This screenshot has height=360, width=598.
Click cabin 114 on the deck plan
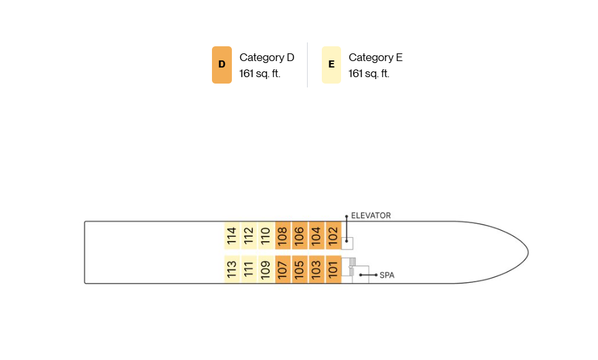[232, 235]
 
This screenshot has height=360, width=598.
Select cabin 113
[232, 269]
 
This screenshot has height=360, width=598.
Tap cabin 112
[249, 235]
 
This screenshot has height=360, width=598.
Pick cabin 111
[249, 269]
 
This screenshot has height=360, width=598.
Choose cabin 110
[266, 235]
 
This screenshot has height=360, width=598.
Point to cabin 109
[266, 269]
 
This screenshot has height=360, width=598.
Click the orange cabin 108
[283, 235]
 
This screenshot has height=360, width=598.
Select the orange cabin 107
[283, 269]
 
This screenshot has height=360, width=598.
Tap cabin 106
[299, 235]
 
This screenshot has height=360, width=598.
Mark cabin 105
[299, 269]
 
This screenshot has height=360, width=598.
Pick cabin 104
[317, 235]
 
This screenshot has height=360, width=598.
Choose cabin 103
[317, 269]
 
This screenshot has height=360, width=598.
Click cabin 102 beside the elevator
[333, 235]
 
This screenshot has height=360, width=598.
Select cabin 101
[333, 269]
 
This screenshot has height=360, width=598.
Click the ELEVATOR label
[371, 216]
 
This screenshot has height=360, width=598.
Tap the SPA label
[387, 275]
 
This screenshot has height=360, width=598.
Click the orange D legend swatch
[222, 65]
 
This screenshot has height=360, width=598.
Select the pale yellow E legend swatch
[331, 65]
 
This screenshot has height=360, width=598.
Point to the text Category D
[267, 58]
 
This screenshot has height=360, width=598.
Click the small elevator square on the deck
[347, 243]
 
